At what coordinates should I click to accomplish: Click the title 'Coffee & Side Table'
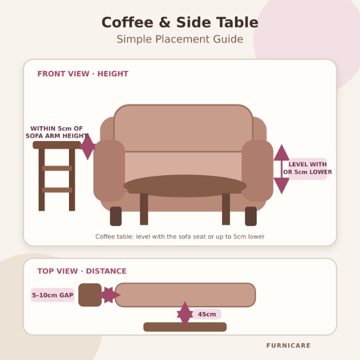pyautogui.click(x=180, y=23)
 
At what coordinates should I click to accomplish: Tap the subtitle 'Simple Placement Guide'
pyautogui.click(x=180, y=39)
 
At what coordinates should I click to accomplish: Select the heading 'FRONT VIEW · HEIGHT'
pyautogui.click(x=83, y=74)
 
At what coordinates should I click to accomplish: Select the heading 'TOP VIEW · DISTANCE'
pyautogui.click(x=82, y=271)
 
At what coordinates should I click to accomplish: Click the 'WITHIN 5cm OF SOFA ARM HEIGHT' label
pyautogui.click(x=57, y=132)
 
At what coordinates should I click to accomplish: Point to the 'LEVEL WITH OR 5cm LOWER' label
pyautogui.click(x=307, y=168)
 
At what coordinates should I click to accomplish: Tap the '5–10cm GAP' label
pyautogui.click(x=53, y=295)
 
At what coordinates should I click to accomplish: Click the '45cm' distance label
pyautogui.click(x=207, y=314)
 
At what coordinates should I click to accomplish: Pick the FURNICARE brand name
pyautogui.click(x=289, y=346)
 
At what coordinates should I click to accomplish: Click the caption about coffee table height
pyautogui.click(x=180, y=236)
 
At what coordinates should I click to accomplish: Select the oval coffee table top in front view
pyautogui.click(x=185, y=186)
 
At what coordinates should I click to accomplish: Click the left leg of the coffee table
pyautogui.click(x=144, y=209)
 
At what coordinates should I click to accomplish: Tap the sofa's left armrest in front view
pyautogui.click(x=109, y=170)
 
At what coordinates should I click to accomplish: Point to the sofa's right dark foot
pyautogui.click(x=251, y=216)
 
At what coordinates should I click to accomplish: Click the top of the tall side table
pyautogui.click(x=57, y=145)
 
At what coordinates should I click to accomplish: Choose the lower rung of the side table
pyautogui.click(x=57, y=190)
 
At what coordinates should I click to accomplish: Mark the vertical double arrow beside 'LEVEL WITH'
pyautogui.click(x=281, y=169)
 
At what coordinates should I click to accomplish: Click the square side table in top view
pyautogui.click(x=90, y=295)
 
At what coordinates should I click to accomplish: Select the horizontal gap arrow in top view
pyautogui.click(x=109, y=295)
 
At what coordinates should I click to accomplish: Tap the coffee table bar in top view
pyautogui.click(x=185, y=327)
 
